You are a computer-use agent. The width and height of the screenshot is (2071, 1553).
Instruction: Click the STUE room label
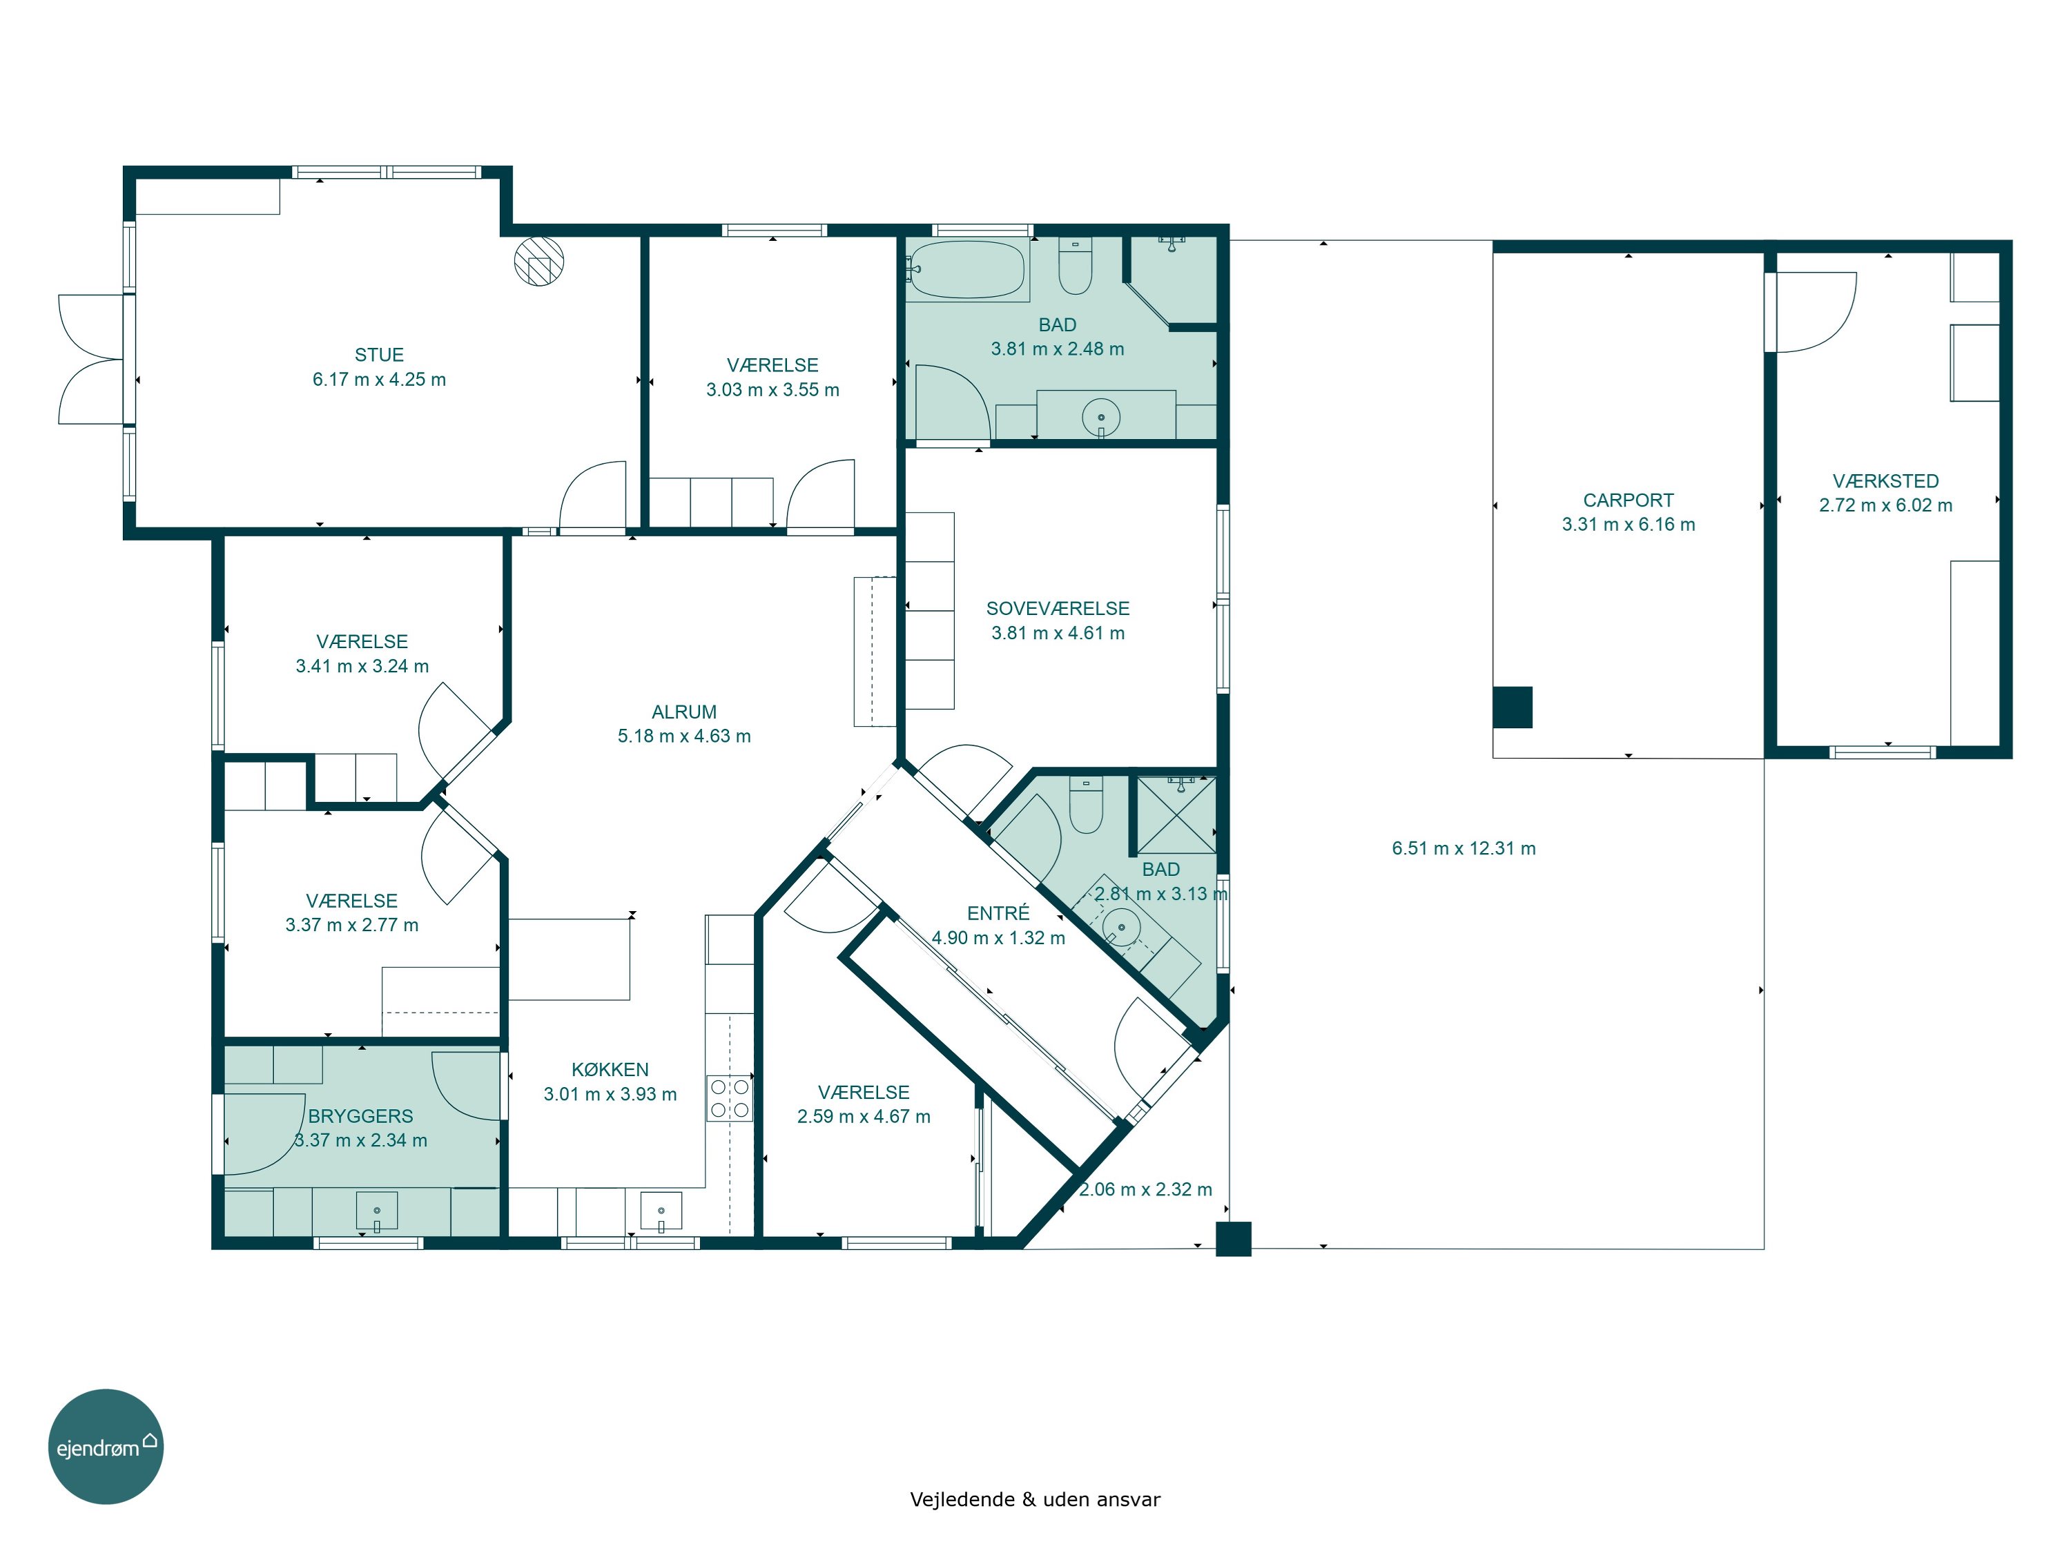point(378,355)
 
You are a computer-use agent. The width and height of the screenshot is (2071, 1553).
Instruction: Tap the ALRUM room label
point(683,712)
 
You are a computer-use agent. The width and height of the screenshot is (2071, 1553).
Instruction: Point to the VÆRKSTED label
point(1885,480)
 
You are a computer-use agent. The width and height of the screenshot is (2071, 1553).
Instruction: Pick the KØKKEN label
point(610,1069)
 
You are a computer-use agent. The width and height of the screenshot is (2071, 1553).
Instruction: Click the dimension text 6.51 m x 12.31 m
point(1464,848)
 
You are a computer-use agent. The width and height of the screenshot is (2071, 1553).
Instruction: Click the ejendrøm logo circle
point(106,1446)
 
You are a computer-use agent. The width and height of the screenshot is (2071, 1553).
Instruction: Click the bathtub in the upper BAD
point(966,271)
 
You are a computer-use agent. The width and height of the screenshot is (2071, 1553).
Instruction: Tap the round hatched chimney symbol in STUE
point(539,261)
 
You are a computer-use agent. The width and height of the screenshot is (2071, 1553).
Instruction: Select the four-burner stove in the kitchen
point(730,1098)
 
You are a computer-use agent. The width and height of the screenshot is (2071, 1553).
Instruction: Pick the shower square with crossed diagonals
point(1177,814)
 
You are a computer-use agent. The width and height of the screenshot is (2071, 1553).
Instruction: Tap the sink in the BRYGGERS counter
point(376,1211)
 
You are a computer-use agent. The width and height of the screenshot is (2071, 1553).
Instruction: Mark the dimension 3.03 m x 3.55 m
point(772,389)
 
